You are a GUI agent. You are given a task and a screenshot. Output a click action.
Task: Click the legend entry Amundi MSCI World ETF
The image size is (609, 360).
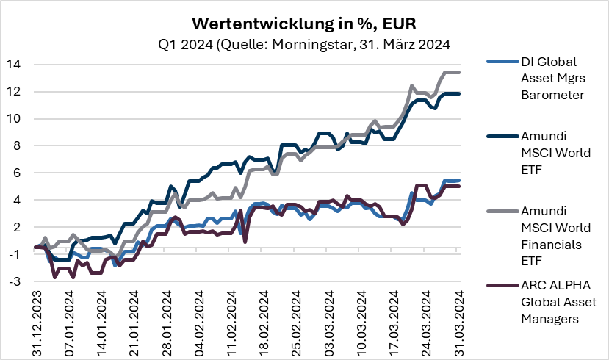tap(542, 151)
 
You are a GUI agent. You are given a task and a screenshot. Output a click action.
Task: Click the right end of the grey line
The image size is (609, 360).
tap(460, 72)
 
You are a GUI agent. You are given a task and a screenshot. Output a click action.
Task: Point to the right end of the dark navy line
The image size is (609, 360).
tap(460, 93)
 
